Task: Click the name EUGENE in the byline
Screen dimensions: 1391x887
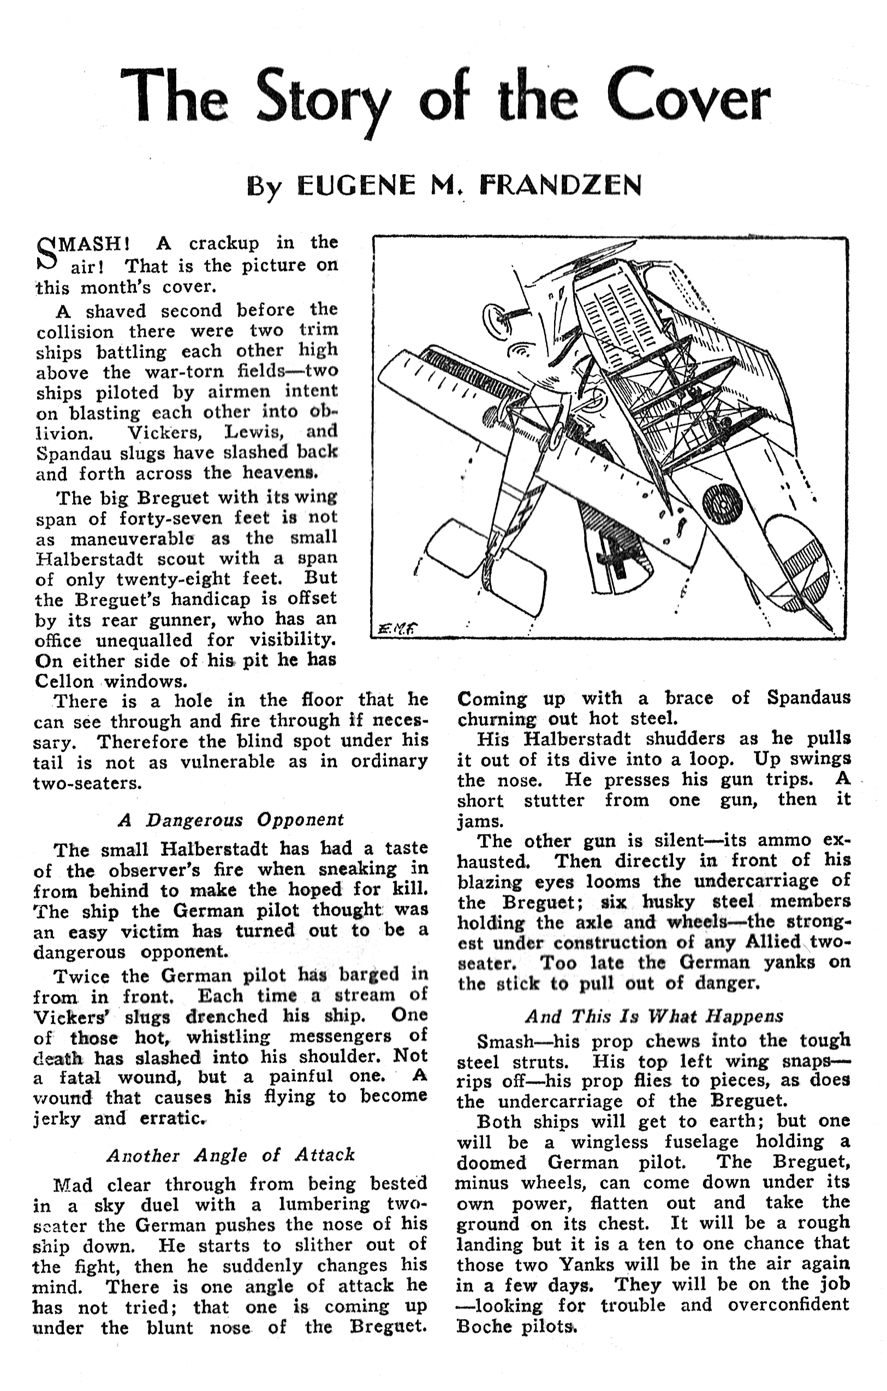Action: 355,186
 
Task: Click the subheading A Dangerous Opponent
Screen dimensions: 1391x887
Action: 230,820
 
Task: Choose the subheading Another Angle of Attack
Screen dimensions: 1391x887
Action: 230,1155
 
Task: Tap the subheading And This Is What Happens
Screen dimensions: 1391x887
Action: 653,1016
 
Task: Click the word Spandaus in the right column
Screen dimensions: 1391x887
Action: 808,698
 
